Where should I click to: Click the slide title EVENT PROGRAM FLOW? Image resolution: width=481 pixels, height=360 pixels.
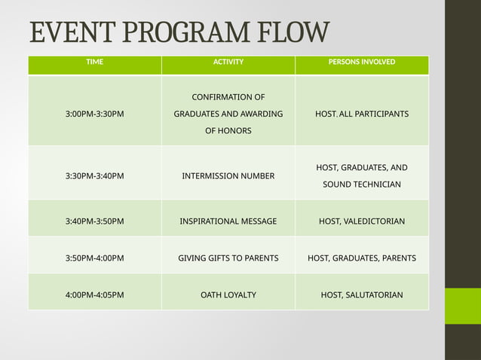pyautogui.click(x=179, y=33)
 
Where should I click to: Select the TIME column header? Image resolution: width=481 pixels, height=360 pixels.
pyautogui.click(x=95, y=62)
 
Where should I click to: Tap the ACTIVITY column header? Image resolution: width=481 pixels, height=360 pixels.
pyautogui.click(x=228, y=62)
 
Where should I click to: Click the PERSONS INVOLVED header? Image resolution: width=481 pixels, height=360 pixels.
pyautogui.click(x=362, y=62)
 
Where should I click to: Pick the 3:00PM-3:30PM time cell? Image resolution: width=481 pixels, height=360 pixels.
pyautogui.click(x=95, y=114)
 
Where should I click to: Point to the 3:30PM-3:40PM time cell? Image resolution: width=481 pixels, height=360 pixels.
pyautogui.click(x=95, y=176)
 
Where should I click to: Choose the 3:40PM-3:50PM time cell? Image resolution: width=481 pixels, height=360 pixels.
pyautogui.click(x=95, y=221)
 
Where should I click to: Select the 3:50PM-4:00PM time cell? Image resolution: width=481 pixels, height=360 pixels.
pyautogui.click(x=95, y=258)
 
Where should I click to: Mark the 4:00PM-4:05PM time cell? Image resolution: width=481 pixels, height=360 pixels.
pyautogui.click(x=95, y=294)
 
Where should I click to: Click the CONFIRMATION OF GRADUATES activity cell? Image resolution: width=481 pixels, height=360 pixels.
pyautogui.click(x=228, y=114)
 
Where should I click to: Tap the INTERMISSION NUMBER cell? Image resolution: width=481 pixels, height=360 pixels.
pyautogui.click(x=228, y=176)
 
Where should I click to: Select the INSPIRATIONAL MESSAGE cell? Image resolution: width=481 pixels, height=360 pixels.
pyautogui.click(x=228, y=221)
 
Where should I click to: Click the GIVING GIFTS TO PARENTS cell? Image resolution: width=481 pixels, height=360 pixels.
pyautogui.click(x=228, y=258)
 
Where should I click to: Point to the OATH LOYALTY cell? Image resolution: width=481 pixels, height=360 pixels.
pyautogui.click(x=228, y=294)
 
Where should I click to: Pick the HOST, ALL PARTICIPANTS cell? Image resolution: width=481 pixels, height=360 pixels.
pyautogui.click(x=362, y=114)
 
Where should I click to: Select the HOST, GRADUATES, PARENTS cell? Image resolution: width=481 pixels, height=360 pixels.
pyautogui.click(x=362, y=258)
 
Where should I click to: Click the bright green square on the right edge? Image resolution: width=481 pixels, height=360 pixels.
pyautogui.click(x=462, y=306)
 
